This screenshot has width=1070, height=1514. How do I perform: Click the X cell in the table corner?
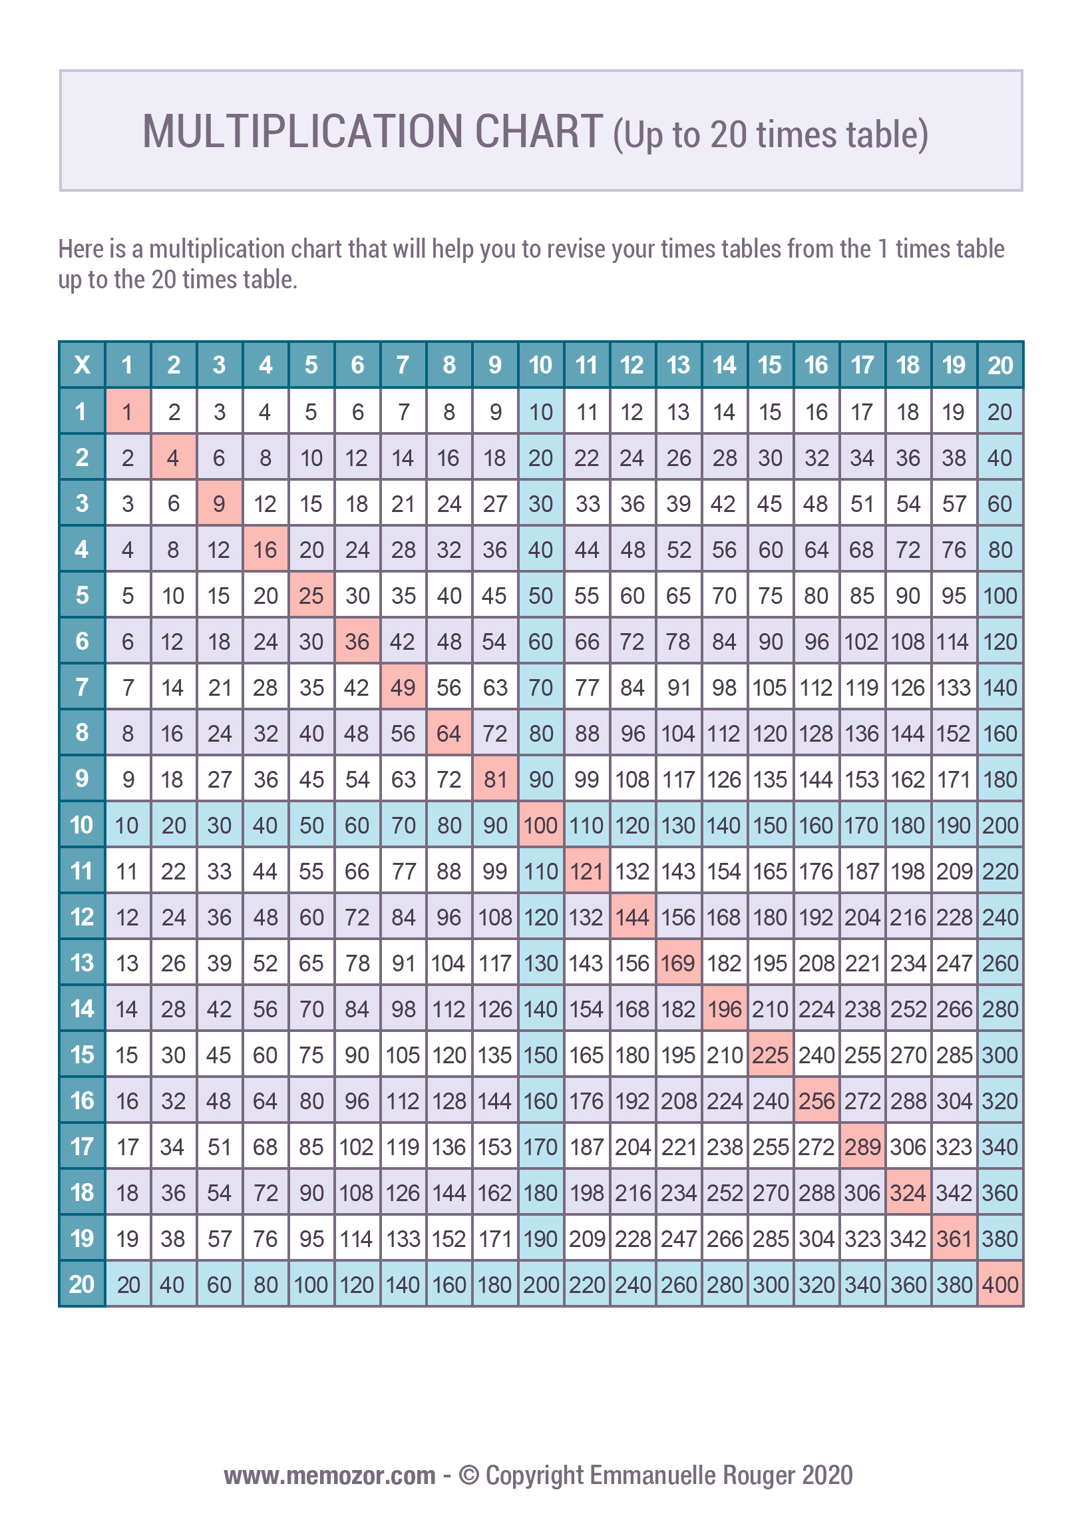[x=82, y=365]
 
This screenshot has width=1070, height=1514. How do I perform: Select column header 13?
[x=678, y=365]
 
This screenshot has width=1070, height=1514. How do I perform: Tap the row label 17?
[x=82, y=1146]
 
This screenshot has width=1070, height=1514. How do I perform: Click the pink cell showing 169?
[x=678, y=963]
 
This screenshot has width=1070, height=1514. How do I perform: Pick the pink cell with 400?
[x=1000, y=1284]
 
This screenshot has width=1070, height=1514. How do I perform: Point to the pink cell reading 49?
[x=403, y=687]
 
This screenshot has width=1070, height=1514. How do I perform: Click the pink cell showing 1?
[x=128, y=411]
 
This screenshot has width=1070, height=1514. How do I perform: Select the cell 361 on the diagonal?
[x=954, y=1238]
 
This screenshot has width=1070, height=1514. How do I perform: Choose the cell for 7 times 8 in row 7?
[x=449, y=687]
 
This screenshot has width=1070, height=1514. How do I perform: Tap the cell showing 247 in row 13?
[x=954, y=963]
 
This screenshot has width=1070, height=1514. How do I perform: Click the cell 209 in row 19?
[x=587, y=1238]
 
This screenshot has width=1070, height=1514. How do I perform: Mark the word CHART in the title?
[x=538, y=132]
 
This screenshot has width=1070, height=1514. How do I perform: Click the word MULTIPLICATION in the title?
[x=302, y=132]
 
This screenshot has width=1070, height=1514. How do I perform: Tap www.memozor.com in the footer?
[x=329, y=1476]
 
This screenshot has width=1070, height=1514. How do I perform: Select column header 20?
[x=1000, y=365]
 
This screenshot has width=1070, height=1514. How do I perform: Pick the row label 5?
[x=82, y=595]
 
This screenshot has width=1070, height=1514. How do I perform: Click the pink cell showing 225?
[x=770, y=1055]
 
